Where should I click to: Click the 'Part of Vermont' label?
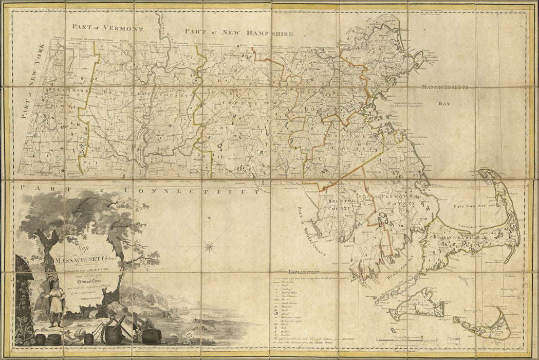(108, 28)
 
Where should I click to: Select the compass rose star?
(209, 246)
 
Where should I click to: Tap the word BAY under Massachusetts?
(443, 103)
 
